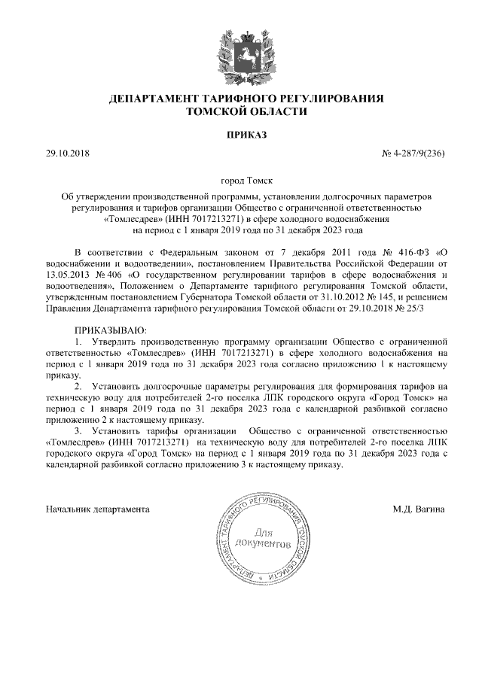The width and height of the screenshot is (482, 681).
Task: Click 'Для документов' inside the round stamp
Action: pyautogui.click(x=261, y=537)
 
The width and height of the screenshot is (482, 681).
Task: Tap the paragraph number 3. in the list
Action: pyautogui.click(x=78, y=431)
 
